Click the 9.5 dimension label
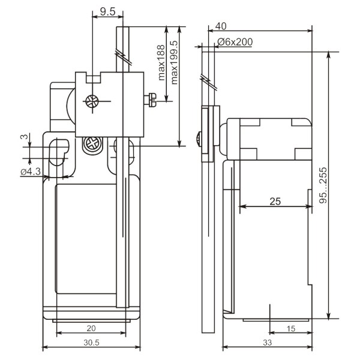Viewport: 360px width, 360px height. (x=107, y=12)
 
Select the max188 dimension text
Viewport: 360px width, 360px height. (x=161, y=62)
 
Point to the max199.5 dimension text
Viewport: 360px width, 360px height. (x=174, y=62)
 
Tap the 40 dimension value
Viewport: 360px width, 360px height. (x=221, y=26)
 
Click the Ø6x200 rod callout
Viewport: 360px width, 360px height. (x=235, y=42)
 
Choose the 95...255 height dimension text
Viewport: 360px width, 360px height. (x=323, y=185)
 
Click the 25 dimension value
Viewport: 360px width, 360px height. (x=275, y=202)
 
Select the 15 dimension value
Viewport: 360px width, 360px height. (x=290, y=329)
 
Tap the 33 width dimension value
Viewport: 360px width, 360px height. (x=267, y=343)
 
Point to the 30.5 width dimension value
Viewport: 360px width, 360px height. (x=91, y=343)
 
